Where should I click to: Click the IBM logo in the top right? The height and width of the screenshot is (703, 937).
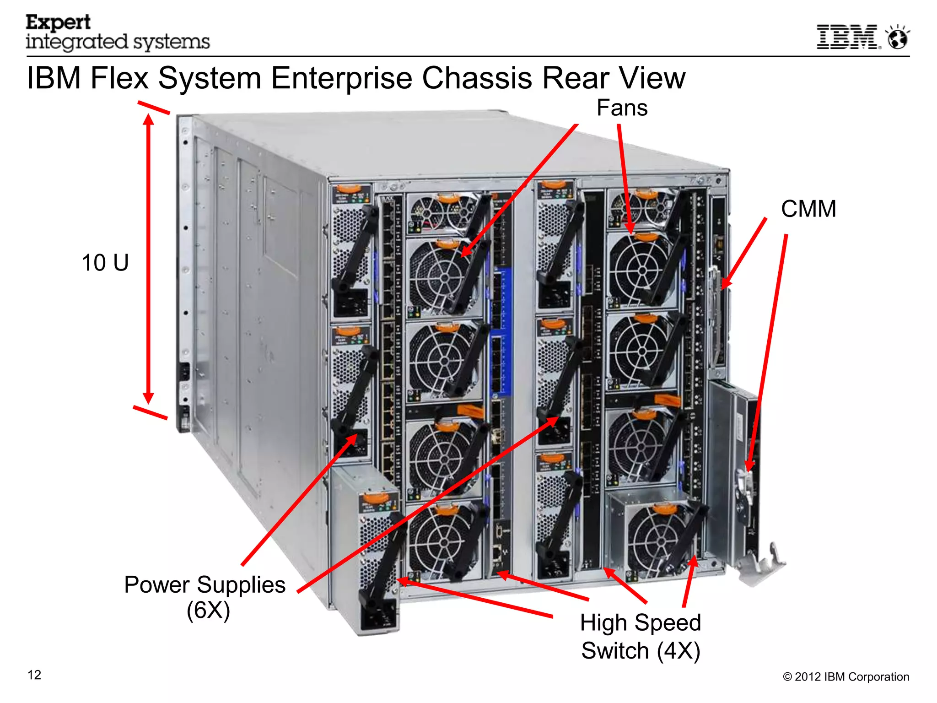(x=848, y=37)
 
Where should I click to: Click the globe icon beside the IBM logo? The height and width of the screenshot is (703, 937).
(x=898, y=38)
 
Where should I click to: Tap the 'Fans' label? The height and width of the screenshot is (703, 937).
(x=622, y=108)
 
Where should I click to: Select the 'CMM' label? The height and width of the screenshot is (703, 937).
(x=808, y=209)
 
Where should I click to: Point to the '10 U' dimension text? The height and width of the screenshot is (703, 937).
(x=105, y=263)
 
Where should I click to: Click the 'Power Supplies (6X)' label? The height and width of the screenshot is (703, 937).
(x=205, y=597)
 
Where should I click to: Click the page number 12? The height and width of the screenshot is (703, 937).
(x=34, y=675)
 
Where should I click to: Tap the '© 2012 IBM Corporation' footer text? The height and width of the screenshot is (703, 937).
(x=846, y=676)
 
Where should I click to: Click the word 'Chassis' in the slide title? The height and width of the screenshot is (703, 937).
(x=477, y=78)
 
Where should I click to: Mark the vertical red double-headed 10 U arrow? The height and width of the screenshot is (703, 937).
(x=148, y=259)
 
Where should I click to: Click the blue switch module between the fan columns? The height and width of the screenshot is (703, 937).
(x=502, y=330)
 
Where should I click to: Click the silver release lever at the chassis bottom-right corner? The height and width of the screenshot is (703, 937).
(x=762, y=563)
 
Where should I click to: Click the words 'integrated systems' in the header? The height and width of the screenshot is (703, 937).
(x=118, y=42)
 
